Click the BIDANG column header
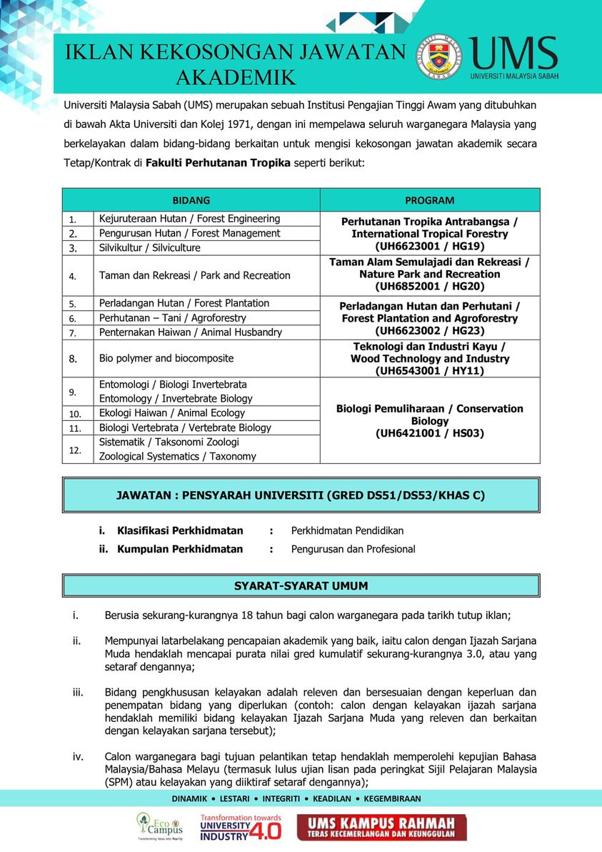[191, 200]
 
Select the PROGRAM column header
[429, 200]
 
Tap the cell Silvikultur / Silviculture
[150, 248]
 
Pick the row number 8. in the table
[73, 359]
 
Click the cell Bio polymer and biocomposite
[166, 358]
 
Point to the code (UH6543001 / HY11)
[429, 371]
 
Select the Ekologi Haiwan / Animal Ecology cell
[172, 413]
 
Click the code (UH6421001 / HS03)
[429, 433]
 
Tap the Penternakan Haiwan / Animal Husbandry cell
[191, 332]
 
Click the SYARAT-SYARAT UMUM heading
[301, 586]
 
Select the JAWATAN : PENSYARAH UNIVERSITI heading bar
[301, 495]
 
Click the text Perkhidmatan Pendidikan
[347, 530]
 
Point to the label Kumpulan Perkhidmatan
[180, 549]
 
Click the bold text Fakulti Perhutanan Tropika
[218, 163]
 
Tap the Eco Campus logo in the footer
[159, 826]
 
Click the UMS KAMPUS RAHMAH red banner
[382, 828]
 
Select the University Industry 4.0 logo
[240, 827]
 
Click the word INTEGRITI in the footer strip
[281, 798]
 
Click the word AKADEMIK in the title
[236, 77]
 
